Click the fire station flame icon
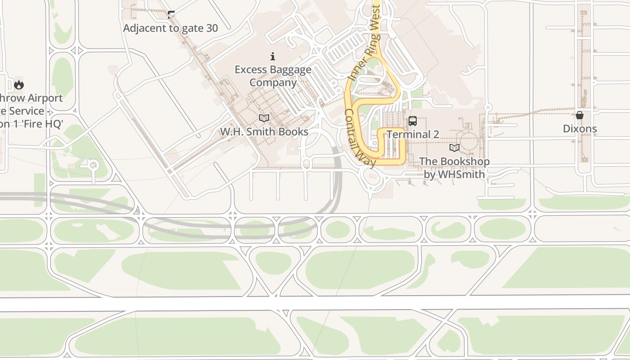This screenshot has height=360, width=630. pos(18,84)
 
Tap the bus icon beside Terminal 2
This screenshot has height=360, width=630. pos(412,121)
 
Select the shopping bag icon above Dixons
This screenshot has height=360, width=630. pos(580,115)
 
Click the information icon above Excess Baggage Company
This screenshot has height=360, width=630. pos(273,56)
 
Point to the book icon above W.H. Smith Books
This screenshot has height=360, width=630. pos(264,118)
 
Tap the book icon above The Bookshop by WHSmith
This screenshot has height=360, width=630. pos(454,148)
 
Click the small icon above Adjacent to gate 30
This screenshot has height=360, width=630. pos(171,14)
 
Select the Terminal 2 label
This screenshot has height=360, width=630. pos(413,134)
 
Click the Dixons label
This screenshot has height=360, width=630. pos(580,129)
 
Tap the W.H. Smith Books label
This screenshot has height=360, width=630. pos(264,131)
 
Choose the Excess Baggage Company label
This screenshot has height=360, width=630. pos(273,76)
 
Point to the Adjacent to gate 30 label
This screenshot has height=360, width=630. pos(171,28)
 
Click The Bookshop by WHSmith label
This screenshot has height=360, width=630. pos(454,167)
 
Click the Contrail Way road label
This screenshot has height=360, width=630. pos(360,138)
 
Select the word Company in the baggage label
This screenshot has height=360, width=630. pos(273,83)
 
